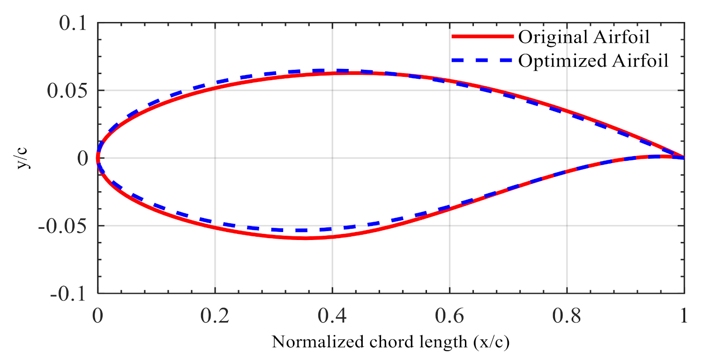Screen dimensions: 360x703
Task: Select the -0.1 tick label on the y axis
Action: (71, 293)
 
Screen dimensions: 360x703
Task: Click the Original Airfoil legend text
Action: (584, 37)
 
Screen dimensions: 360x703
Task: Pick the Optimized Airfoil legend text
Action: (593, 61)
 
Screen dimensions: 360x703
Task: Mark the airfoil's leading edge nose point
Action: (98, 158)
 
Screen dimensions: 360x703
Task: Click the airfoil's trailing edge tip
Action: (684, 157)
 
